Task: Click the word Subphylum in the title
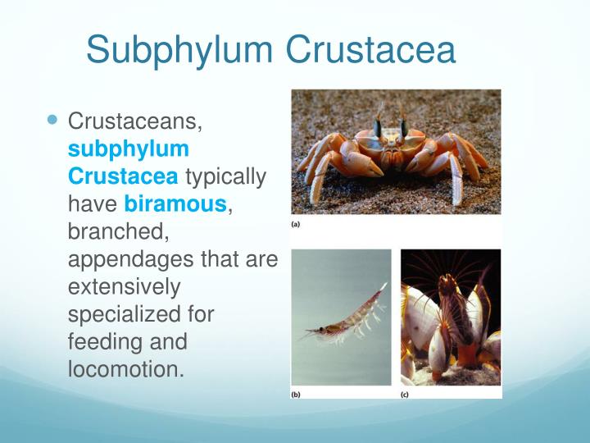tap(179, 49)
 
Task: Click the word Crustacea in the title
tap(370, 49)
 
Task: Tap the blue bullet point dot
tap(54, 120)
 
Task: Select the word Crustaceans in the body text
tap(134, 123)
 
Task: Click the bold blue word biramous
tap(175, 203)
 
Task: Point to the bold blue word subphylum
tap(129, 149)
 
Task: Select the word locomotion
tap(125, 368)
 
